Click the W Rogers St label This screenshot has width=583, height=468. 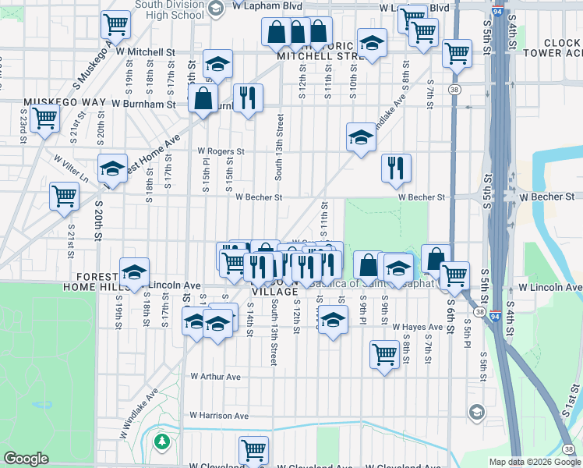tap(221, 151)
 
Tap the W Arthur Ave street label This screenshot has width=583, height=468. tap(216, 377)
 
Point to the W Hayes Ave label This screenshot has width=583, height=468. tap(417, 327)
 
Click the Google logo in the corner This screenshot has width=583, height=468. tap(26, 459)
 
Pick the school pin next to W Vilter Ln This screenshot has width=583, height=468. tap(112, 169)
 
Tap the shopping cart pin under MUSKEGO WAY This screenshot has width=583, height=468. tap(44, 119)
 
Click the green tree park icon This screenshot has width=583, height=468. tap(162, 442)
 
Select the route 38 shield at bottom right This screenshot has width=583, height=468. tap(570, 449)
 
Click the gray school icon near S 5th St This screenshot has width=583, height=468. tap(475, 411)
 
